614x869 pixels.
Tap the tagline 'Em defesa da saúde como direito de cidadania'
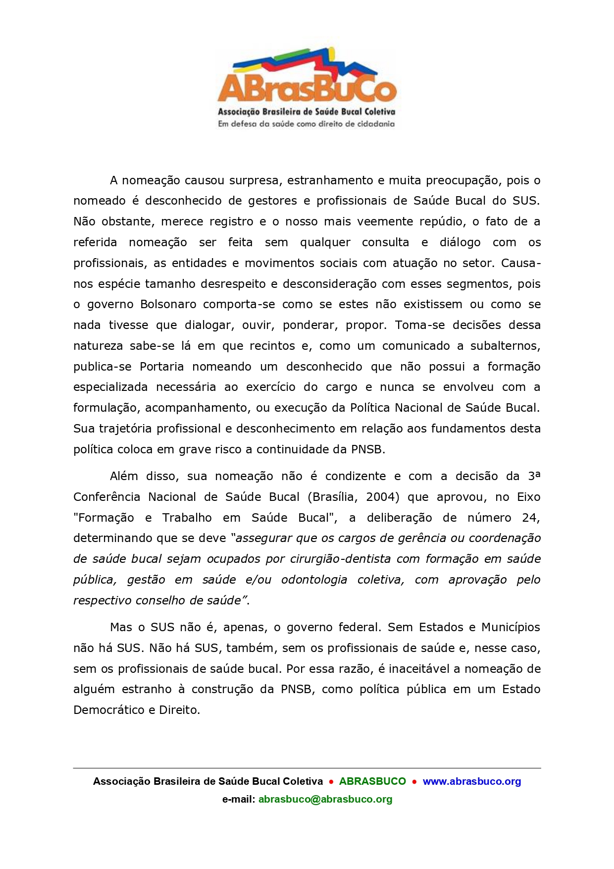pos(307,124)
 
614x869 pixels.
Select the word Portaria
pos(161,367)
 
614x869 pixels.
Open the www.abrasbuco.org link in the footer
pos(471,781)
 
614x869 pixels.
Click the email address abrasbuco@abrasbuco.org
pos(325,799)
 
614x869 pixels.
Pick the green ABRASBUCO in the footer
pos(372,781)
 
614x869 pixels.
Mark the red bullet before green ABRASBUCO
pos(331,782)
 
